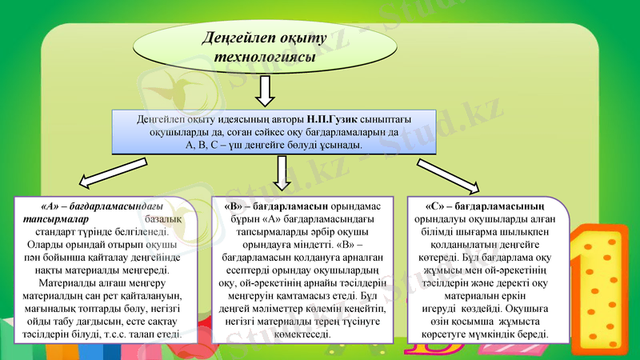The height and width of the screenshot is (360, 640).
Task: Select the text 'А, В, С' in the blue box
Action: click(x=203, y=146)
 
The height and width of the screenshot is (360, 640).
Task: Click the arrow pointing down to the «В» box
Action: click(x=282, y=173)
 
